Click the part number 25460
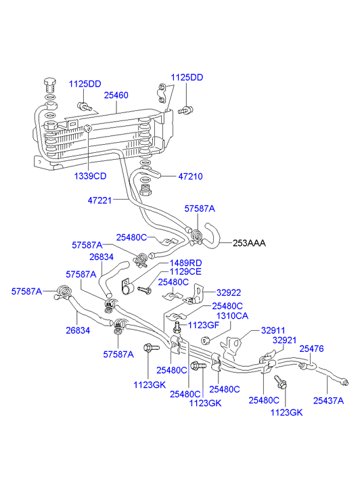[x=116, y=95]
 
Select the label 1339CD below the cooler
[x=91, y=176]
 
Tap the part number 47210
[x=191, y=177]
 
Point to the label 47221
[x=99, y=200]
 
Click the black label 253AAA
[x=249, y=243]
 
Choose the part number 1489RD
[x=186, y=263]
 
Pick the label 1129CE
[x=185, y=272]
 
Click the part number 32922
[x=229, y=293]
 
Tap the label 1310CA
[x=232, y=315]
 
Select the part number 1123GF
[x=204, y=325]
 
